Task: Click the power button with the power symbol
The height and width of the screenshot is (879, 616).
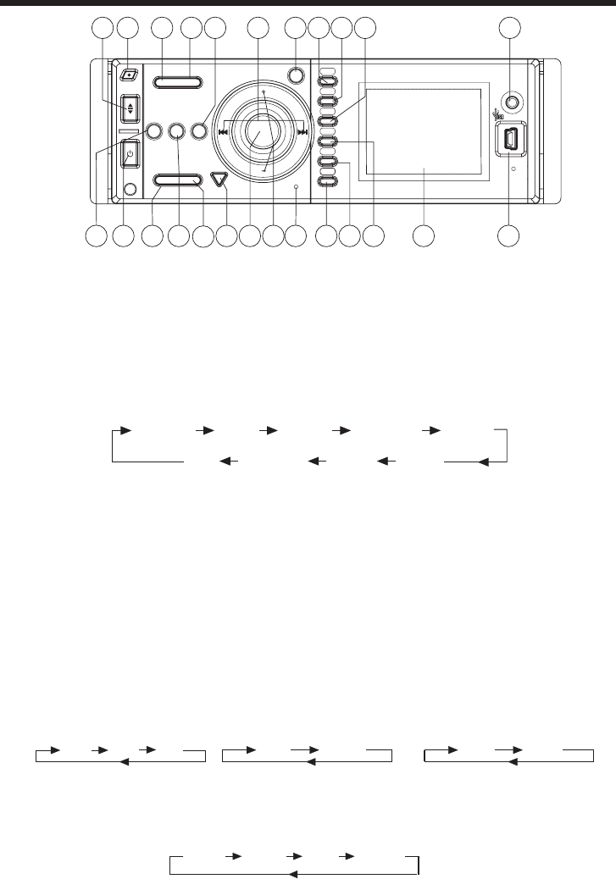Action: point(130,155)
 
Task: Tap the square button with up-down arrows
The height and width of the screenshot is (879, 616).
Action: point(130,108)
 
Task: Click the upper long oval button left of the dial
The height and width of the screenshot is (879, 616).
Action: point(178,82)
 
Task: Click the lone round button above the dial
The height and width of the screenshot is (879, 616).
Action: point(296,75)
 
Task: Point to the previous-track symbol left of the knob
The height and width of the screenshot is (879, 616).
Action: point(223,131)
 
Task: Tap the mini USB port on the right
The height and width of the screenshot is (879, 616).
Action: point(511,141)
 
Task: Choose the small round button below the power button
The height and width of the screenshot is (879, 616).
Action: point(130,190)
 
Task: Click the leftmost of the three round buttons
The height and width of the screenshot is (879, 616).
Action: point(154,131)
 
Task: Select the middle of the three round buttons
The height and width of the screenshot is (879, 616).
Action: point(176,131)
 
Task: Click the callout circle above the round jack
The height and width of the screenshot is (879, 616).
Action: point(508,29)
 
